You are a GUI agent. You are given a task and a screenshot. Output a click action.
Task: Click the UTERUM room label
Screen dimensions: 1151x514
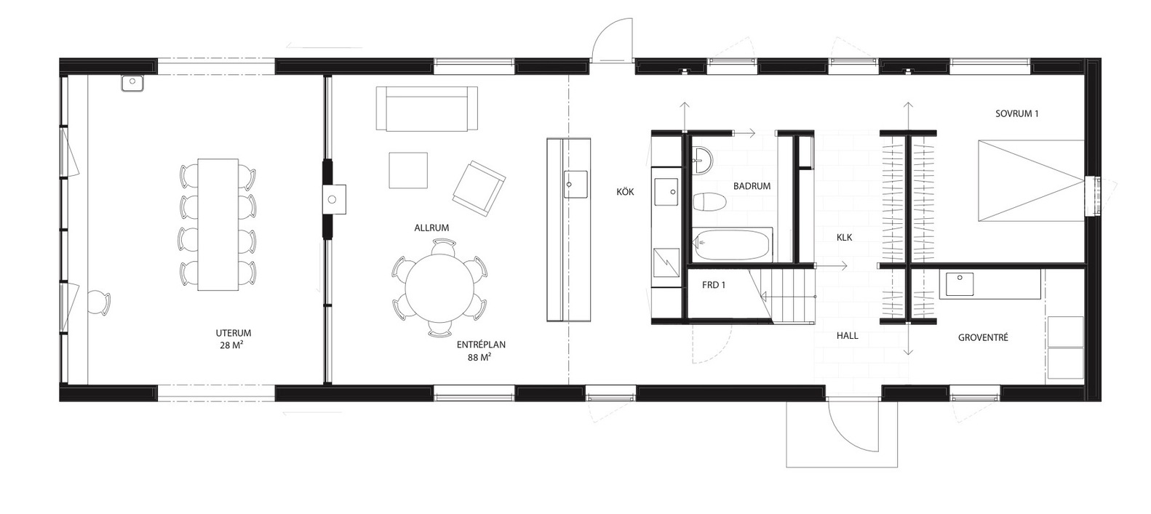pyautogui.click(x=234, y=333)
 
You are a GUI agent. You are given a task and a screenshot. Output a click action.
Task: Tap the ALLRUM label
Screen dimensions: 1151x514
pyautogui.click(x=431, y=228)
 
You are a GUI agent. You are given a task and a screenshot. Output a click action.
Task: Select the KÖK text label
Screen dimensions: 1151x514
pyautogui.click(x=626, y=192)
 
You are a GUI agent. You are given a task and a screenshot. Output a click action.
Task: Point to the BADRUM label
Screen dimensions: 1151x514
pyautogui.click(x=752, y=186)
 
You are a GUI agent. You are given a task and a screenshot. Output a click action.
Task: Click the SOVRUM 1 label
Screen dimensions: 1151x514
pyautogui.click(x=1017, y=113)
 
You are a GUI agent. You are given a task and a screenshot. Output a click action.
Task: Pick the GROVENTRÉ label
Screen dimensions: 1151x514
pyautogui.click(x=983, y=337)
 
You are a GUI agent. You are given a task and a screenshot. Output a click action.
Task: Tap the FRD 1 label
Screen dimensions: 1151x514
pyautogui.click(x=714, y=285)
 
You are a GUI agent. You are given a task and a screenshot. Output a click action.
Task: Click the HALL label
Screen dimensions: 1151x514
pyautogui.click(x=848, y=336)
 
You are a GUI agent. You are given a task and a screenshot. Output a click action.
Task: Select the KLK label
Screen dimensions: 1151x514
pyautogui.click(x=844, y=237)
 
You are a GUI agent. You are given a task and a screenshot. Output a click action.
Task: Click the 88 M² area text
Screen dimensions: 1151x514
pyautogui.click(x=479, y=357)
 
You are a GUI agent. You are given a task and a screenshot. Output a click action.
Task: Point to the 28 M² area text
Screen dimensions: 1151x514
pyautogui.click(x=231, y=345)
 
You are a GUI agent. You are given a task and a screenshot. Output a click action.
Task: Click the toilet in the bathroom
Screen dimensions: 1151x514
pyautogui.click(x=709, y=201)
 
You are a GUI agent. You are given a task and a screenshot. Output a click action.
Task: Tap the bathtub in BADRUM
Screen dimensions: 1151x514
pyautogui.click(x=732, y=245)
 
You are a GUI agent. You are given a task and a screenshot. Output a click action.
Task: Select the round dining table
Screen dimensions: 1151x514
pyautogui.click(x=440, y=289)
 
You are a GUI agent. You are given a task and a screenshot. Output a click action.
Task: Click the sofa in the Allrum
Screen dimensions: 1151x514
pyautogui.click(x=426, y=108)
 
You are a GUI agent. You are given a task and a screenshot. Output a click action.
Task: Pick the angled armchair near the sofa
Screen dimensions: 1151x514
pyautogui.click(x=479, y=188)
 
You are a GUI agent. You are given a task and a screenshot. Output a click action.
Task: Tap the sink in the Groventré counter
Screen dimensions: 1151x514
pyautogui.click(x=960, y=284)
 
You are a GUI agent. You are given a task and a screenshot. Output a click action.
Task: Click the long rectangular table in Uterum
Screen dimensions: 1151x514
pyautogui.click(x=218, y=225)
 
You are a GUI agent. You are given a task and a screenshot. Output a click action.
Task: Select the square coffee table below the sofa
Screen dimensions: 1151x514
pyautogui.click(x=408, y=170)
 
